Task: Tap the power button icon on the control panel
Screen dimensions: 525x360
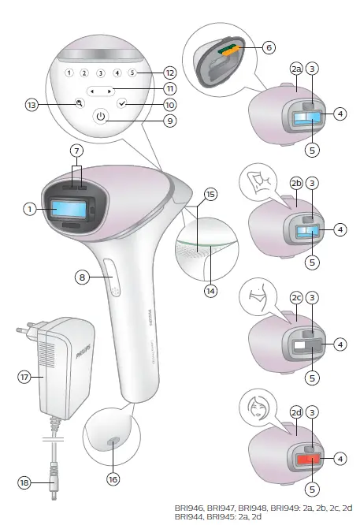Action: pos(100,117)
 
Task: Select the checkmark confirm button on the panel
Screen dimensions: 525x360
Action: pos(121,103)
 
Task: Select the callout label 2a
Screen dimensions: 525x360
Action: pos(295,91)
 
